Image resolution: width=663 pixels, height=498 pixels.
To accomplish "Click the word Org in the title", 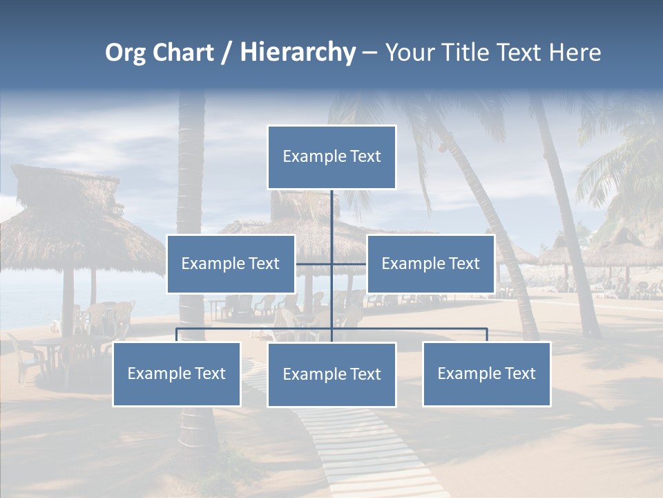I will click(126, 53).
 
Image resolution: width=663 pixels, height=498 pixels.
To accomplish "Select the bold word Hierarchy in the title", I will click(298, 53).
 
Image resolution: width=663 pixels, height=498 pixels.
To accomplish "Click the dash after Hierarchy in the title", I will click(369, 53).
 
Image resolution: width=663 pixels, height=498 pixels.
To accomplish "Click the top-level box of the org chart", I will click(331, 157).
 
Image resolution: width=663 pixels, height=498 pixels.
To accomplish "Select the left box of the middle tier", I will click(231, 264).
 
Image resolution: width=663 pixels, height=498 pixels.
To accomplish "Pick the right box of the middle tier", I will click(431, 264).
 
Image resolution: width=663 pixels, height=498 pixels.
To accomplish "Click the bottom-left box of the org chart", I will click(177, 373).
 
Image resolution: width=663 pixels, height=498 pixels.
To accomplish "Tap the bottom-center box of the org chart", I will click(331, 374).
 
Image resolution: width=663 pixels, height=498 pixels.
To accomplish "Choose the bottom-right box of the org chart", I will click(487, 373).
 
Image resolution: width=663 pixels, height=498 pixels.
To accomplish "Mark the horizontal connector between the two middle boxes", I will click(314, 264).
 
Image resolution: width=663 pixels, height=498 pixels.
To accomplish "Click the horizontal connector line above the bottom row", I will click(256, 329).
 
